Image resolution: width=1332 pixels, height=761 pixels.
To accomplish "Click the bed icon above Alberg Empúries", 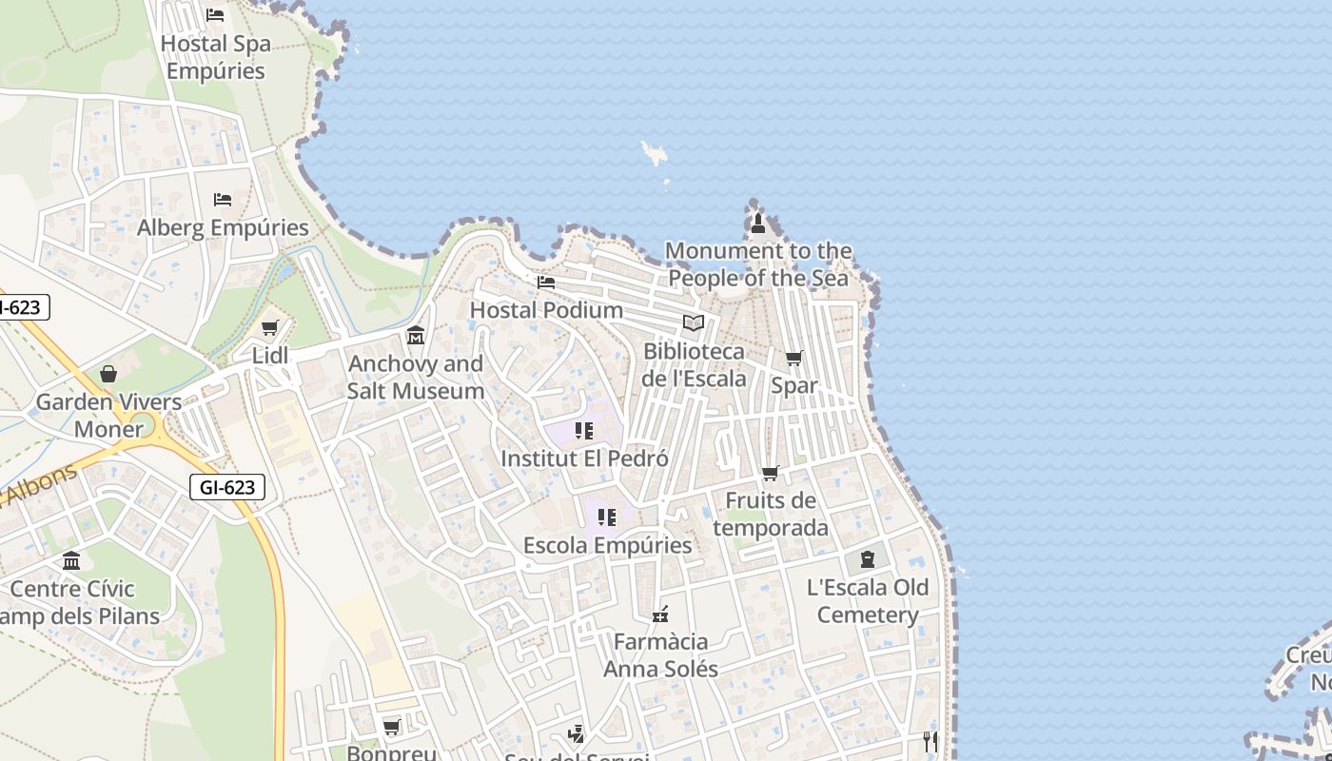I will (x=223, y=200).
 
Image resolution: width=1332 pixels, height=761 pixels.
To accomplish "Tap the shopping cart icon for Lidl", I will (x=269, y=328).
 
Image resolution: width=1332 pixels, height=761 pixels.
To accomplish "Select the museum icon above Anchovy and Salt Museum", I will (x=416, y=336).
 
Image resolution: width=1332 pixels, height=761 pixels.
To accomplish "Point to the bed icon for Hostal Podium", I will (x=546, y=283).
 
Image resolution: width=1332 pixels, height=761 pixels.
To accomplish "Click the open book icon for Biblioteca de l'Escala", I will (x=694, y=323).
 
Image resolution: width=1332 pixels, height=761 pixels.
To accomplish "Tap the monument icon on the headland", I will (x=757, y=224).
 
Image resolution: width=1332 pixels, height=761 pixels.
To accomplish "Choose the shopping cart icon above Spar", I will (x=793, y=359).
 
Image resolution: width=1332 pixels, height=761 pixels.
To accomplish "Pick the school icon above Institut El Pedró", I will (x=584, y=431).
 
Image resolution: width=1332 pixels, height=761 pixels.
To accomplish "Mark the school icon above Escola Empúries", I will (x=607, y=517).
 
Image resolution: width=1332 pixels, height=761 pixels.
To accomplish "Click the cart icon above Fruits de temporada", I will (x=771, y=473).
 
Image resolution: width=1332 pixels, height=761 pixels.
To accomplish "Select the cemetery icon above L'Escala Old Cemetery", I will (x=867, y=559).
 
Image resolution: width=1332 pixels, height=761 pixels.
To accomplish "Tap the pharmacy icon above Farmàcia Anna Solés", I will (x=660, y=614).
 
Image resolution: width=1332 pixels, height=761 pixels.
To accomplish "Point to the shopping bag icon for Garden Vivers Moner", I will (x=108, y=374).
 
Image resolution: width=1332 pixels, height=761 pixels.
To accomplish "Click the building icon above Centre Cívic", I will (x=71, y=560).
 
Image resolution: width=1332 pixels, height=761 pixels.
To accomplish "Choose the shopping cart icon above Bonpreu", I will (x=391, y=728).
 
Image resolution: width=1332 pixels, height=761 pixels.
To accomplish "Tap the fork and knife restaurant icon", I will (x=930, y=741).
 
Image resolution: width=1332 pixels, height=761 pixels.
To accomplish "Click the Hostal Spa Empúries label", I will (x=215, y=57).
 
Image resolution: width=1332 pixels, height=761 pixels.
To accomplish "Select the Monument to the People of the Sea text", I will (x=759, y=264).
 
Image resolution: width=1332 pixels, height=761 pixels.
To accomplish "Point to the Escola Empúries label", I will (x=607, y=545).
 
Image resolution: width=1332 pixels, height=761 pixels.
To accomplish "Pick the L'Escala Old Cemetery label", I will (x=868, y=601).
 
